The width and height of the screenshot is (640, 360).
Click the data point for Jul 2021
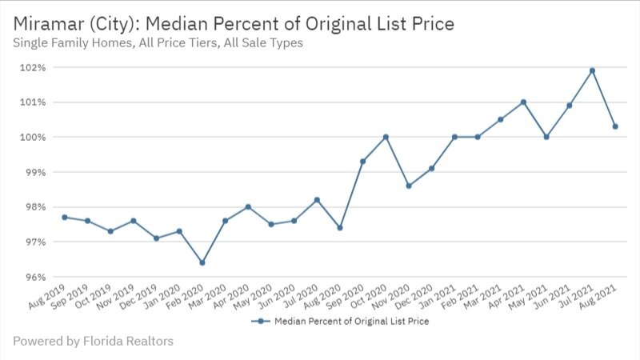[x=592, y=70]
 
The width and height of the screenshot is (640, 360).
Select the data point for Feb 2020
[x=202, y=262]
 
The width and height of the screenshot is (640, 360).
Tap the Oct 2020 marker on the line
[x=386, y=137]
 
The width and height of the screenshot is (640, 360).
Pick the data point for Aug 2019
[x=65, y=218]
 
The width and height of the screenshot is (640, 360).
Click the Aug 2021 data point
[x=615, y=126]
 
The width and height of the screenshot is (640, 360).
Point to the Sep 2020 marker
[x=362, y=162]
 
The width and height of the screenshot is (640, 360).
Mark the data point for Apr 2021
[x=523, y=102]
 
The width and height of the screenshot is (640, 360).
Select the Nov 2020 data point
[x=409, y=186]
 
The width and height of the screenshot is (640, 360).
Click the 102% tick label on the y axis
[x=33, y=67]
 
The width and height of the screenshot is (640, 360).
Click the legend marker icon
[x=258, y=322]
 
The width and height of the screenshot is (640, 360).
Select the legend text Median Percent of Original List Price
[x=352, y=322]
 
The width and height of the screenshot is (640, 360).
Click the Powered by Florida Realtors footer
[x=93, y=342]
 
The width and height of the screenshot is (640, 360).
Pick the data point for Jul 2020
[x=317, y=200]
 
